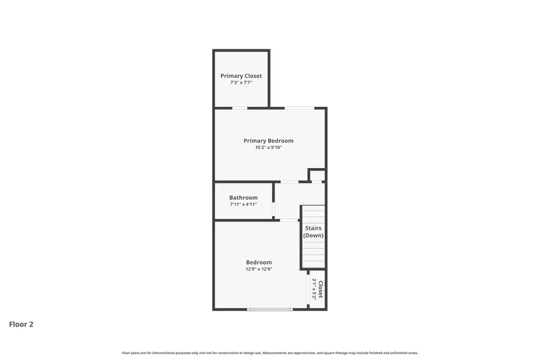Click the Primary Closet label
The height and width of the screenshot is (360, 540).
coord(241,76)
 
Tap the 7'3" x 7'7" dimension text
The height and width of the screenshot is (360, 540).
coord(241,83)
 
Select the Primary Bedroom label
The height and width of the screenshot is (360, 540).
coord(268,141)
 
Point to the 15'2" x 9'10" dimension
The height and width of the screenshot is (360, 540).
coord(268,148)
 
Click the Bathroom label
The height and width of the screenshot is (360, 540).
coord(243,197)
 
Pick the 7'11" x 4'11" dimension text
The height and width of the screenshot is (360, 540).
coord(243,205)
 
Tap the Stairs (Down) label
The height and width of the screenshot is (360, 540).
coord(313,232)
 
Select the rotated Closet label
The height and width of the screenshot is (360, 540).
coord(320,290)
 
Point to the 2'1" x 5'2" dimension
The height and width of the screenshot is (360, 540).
coord(314,290)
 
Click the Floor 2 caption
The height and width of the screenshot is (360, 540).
coord(21,325)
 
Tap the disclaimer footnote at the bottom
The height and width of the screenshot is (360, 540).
coord(270,353)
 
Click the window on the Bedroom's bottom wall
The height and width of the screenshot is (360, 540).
coord(270,309)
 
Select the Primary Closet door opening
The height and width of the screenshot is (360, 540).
coord(239,108)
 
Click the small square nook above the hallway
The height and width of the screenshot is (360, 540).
coord(317,175)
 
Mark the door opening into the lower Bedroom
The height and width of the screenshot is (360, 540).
coord(289,220)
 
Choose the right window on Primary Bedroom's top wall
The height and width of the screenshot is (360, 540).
coord(299,108)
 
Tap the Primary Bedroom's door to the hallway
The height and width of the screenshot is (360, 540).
coord(289,182)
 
